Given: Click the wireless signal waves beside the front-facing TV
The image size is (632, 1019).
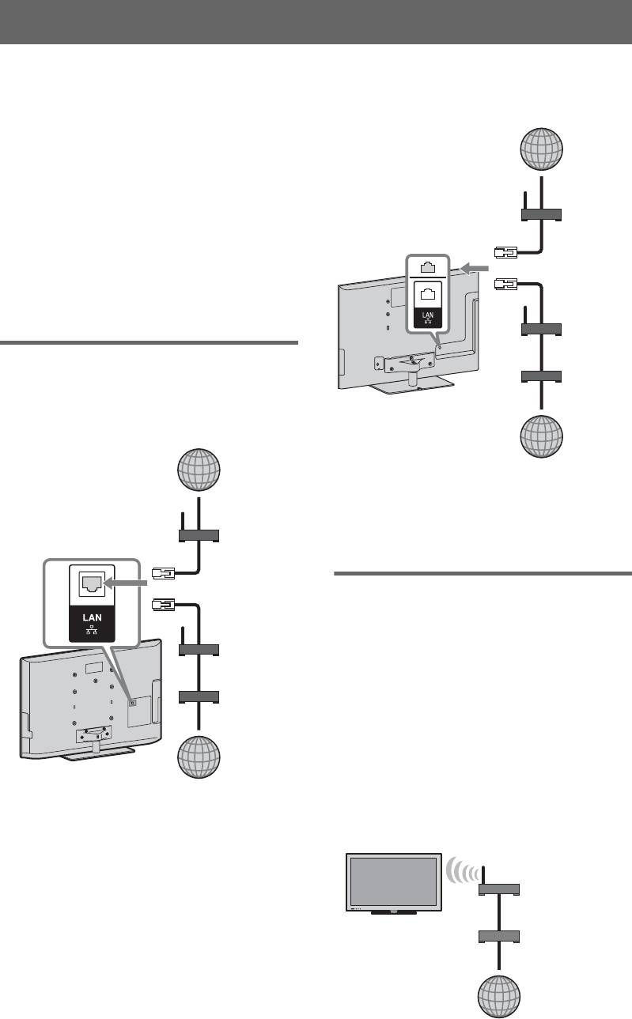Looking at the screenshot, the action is coord(463,870).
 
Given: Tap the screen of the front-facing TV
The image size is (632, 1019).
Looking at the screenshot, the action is coord(393,882).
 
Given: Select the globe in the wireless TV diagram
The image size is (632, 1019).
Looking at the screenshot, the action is coord(499,996).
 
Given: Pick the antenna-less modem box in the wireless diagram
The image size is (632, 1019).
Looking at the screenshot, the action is coord(499,936).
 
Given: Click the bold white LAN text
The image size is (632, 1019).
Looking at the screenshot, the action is coord(92,617).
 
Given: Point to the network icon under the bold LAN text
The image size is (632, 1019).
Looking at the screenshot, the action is coord(92,630).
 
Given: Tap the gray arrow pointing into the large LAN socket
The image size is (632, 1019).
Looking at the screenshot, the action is coord(126,583).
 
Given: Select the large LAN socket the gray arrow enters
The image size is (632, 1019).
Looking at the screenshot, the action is coord(92,583).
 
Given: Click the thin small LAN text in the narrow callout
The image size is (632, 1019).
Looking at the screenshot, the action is coord(428,315).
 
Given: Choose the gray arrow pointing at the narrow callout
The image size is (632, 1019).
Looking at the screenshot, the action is coord(475,269).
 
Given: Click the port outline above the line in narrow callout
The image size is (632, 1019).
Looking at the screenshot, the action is coord(428,267).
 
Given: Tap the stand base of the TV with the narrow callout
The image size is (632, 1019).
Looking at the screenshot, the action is coord(411,386).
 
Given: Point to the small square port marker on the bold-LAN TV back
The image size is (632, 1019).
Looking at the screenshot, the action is coord(132,703).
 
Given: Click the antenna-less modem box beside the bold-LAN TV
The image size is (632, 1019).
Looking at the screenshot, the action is coord(199,697).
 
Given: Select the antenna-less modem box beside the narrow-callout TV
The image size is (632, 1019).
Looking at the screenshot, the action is coord(541,376).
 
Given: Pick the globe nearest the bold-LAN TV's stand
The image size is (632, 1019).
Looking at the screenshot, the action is coord(199,757).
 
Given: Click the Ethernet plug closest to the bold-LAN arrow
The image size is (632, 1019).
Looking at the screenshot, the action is coord(164,573).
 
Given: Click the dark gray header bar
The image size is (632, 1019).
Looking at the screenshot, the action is coord(316,22).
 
